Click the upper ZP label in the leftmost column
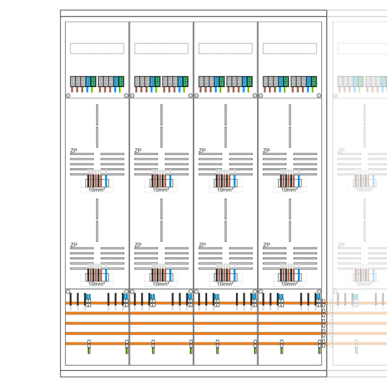[x=74, y=150]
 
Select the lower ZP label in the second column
[x=138, y=245]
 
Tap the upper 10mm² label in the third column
[x=224, y=190]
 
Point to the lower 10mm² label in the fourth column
[x=289, y=284]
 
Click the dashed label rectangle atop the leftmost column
[x=97, y=48]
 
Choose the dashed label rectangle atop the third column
[x=225, y=48]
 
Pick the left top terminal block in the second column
[x=147, y=81]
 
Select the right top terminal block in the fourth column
[x=304, y=81]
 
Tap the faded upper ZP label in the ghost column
[x=341, y=150]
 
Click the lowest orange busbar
[x=193, y=343]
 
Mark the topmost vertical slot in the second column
[x=161, y=114]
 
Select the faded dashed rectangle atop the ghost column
[x=361, y=48]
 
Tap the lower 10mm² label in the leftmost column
[x=96, y=284]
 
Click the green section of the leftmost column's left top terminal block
[x=94, y=81]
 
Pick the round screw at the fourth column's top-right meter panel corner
[x=319, y=95]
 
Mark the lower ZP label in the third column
[x=203, y=245]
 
